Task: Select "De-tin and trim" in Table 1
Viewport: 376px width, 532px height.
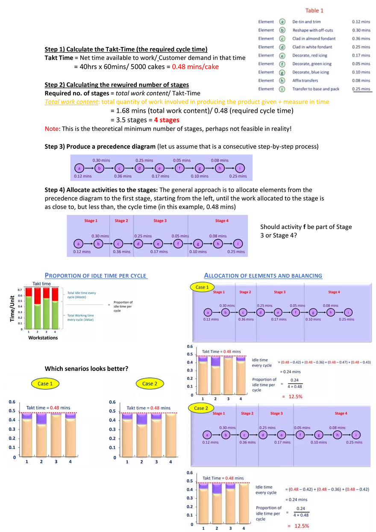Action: (x=306, y=22)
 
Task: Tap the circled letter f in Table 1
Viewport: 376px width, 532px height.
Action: (x=282, y=64)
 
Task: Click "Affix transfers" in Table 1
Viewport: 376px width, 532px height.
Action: (x=305, y=80)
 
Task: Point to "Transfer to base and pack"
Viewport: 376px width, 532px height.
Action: (x=316, y=89)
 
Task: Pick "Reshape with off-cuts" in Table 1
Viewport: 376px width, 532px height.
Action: (x=312, y=30)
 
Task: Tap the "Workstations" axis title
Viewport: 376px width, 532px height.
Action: (x=43, y=338)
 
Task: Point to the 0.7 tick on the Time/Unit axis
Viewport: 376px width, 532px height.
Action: (x=20, y=290)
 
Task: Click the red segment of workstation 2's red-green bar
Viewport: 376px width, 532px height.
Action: (x=38, y=296)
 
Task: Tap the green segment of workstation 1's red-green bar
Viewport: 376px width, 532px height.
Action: (x=29, y=312)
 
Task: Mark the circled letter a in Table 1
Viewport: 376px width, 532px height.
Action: (x=282, y=22)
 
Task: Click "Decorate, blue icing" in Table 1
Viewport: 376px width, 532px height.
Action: (x=311, y=72)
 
